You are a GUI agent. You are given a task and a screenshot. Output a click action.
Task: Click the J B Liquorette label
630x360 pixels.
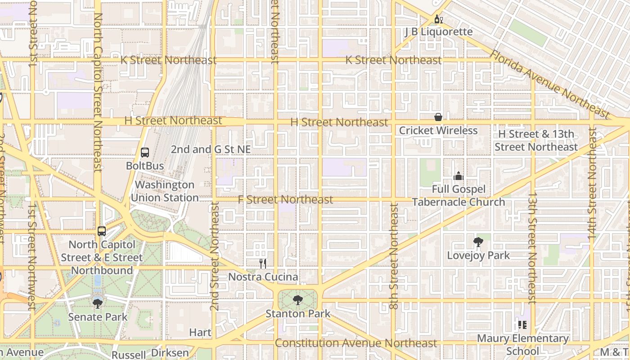tap(438, 31)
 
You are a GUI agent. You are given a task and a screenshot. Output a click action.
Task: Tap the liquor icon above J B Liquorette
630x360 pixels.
tap(438, 19)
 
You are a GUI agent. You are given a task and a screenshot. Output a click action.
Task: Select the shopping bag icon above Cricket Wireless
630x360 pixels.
tap(438, 117)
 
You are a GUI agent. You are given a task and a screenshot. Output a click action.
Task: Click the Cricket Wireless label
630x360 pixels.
tap(438, 130)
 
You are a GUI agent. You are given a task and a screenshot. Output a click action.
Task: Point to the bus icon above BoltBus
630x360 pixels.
tap(145, 153)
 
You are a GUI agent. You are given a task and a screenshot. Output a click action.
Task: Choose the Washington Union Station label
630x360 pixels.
tap(165, 191)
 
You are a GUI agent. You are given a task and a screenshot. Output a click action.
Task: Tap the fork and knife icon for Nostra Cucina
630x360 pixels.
tap(263, 264)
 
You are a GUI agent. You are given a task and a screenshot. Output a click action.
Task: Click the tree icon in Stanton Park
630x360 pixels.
tap(297, 300)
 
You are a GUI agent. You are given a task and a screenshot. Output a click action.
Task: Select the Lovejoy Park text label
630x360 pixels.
tap(478, 255)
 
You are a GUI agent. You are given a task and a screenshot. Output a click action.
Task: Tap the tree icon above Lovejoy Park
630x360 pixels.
tap(478, 242)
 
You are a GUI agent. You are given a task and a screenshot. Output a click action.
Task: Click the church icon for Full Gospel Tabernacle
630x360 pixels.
tap(459, 176)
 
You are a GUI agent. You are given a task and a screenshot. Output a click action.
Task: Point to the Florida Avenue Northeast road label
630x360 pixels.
tap(549, 83)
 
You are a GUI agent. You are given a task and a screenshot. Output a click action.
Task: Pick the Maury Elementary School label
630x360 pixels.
tap(522, 344)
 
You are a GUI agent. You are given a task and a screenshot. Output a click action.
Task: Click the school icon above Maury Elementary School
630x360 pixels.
tap(522, 324)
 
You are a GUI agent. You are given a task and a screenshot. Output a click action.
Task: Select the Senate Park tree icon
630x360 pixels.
tap(98, 304)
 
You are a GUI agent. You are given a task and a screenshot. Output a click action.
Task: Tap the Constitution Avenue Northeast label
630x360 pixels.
tap(355, 343)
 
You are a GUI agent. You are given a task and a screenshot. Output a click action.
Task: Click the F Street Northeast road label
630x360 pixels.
tap(285, 199)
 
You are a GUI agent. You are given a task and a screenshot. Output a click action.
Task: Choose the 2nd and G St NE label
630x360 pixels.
tap(211, 149)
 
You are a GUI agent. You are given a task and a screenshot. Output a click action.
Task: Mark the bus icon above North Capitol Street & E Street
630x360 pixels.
tap(102, 231)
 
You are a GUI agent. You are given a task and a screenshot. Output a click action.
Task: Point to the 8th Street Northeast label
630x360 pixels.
tap(394, 256)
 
